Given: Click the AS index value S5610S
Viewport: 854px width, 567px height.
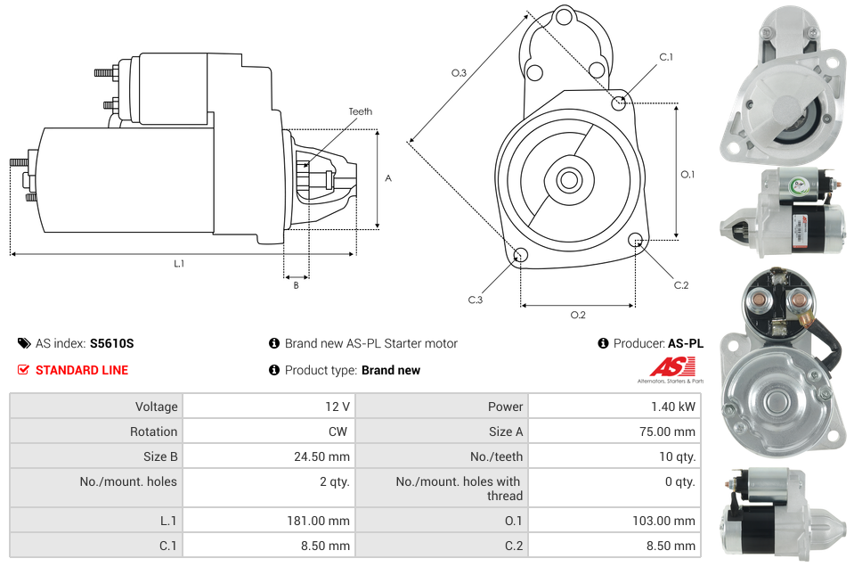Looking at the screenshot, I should (111, 343).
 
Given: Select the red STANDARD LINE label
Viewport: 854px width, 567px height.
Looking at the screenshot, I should (81, 370).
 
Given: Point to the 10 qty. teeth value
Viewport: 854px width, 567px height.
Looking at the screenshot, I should (678, 456).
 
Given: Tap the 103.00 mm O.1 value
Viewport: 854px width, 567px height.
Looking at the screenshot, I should (670, 521).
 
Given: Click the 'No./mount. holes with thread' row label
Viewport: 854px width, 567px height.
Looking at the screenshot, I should (459, 489).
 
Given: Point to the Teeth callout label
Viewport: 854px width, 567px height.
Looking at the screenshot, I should (361, 111).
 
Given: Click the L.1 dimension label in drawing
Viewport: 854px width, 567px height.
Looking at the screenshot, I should (179, 263).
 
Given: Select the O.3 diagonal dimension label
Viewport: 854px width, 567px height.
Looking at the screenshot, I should (459, 73).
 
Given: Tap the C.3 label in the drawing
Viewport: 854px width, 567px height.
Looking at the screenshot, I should (476, 300).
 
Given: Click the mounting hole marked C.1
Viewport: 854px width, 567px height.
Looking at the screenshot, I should (619, 103).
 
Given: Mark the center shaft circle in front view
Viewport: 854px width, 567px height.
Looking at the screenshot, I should (568, 179).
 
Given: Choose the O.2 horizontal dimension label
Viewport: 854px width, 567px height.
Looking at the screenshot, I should (577, 314).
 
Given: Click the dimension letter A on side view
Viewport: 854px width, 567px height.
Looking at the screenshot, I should (388, 178).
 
